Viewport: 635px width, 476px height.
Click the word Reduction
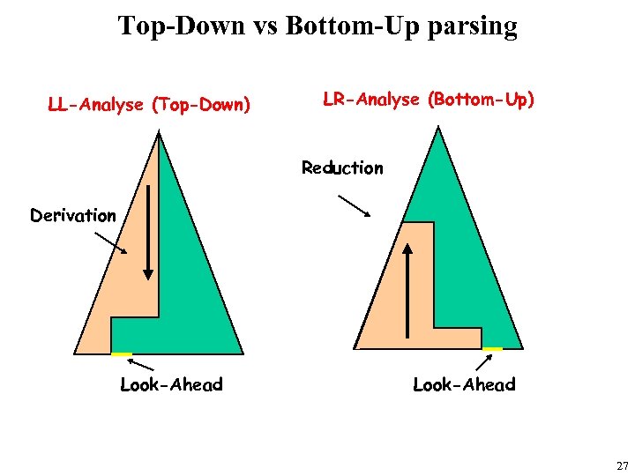342,167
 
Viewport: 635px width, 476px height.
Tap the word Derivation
73,215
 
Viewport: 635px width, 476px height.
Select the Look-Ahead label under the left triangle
171,384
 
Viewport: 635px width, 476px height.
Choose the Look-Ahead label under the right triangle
464,384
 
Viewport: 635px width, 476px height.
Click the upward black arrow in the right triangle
407,291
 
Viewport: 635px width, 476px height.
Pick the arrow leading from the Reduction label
355,205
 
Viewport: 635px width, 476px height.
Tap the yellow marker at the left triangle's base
122,354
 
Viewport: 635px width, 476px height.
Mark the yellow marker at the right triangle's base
492,349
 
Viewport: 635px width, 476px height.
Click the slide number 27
622,465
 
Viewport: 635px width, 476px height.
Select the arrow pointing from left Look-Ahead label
145,364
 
